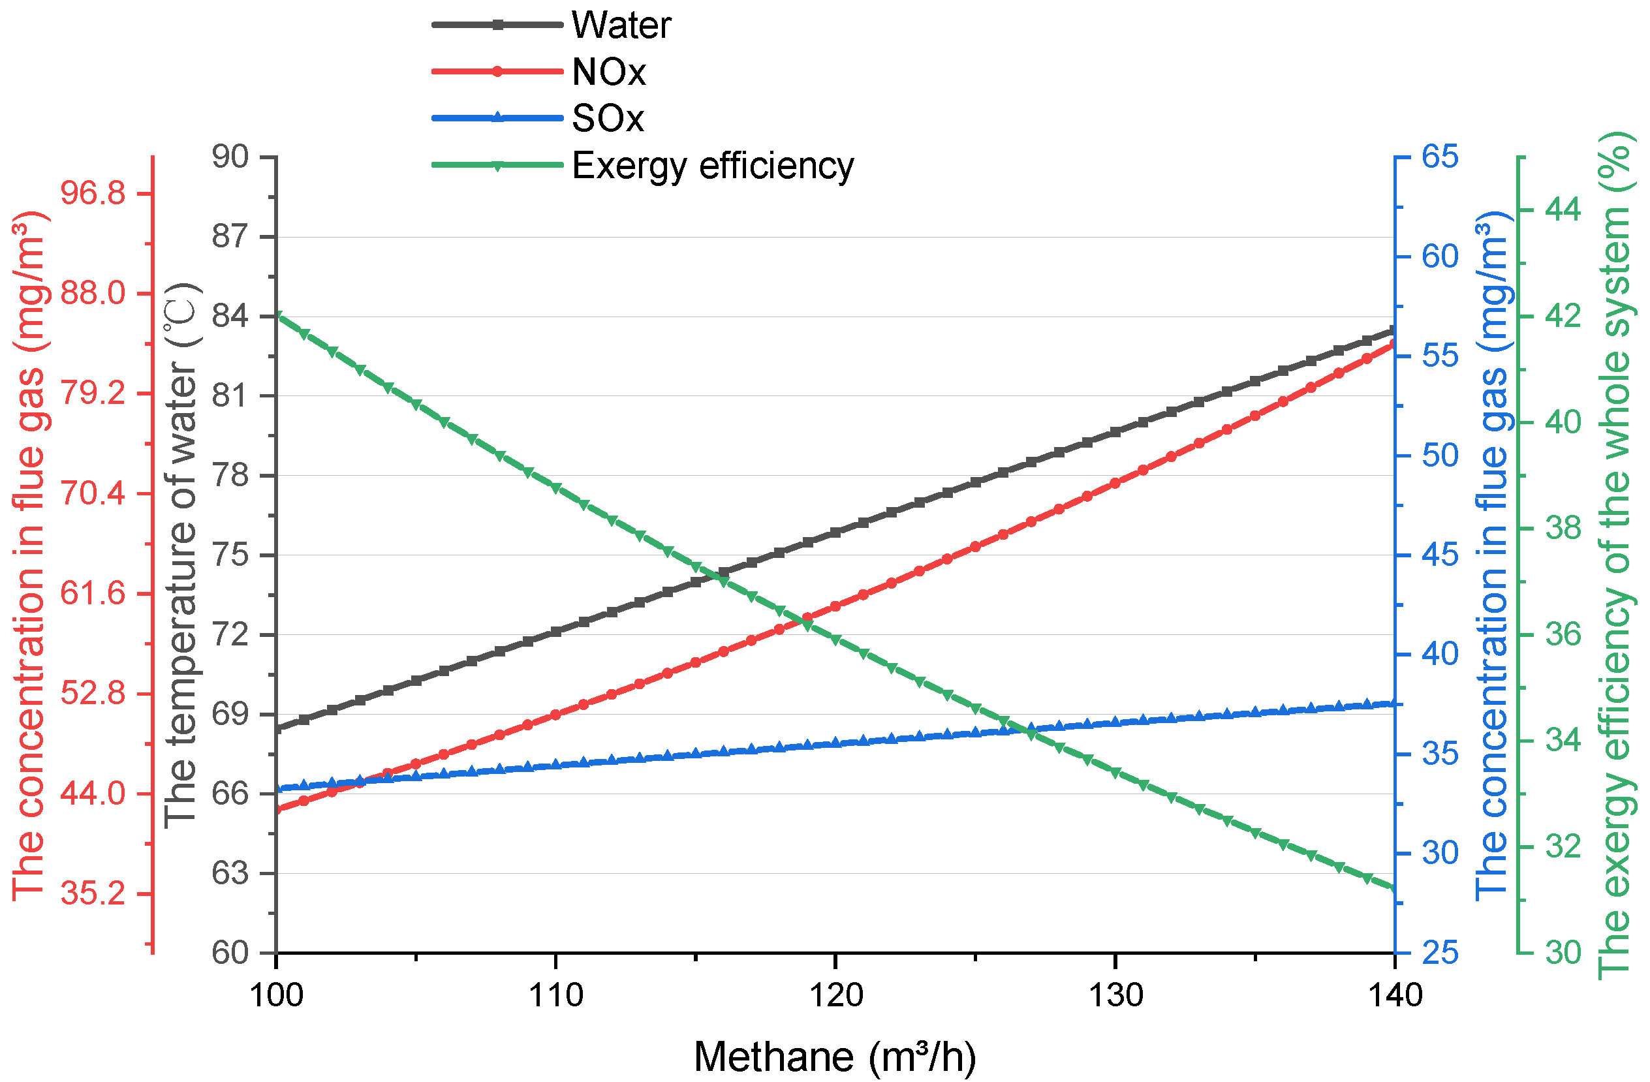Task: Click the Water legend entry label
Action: click(x=621, y=25)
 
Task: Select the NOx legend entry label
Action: click(x=608, y=72)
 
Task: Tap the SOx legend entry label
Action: click(x=606, y=119)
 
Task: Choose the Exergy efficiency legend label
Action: click(x=712, y=166)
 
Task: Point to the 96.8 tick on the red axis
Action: click(x=93, y=193)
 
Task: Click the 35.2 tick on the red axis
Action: click(x=93, y=894)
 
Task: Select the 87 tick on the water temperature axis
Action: click(x=230, y=237)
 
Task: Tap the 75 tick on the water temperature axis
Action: click(x=230, y=555)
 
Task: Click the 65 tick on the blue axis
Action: click(x=1440, y=157)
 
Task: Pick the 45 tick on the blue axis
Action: click(x=1440, y=555)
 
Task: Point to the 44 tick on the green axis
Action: click(x=1563, y=210)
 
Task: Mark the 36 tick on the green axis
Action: click(x=1563, y=635)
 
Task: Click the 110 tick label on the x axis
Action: click(x=555, y=996)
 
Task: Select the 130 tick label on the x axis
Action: click(x=1115, y=996)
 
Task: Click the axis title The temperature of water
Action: click(x=181, y=555)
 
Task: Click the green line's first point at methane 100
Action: click(x=277, y=315)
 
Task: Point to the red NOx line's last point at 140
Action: click(x=1393, y=344)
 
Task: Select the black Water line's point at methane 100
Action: click(x=277, y=729)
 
